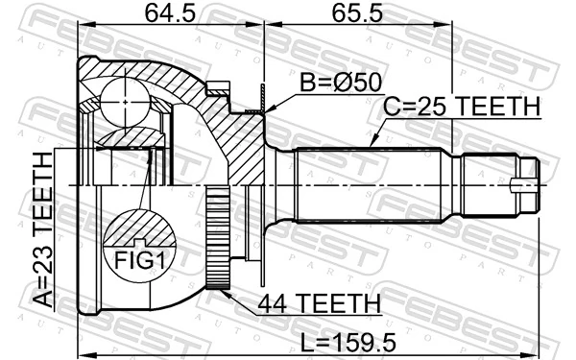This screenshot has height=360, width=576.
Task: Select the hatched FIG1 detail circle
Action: [x=140, y=240]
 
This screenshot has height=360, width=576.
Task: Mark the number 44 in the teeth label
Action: [x=275, y=304]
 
